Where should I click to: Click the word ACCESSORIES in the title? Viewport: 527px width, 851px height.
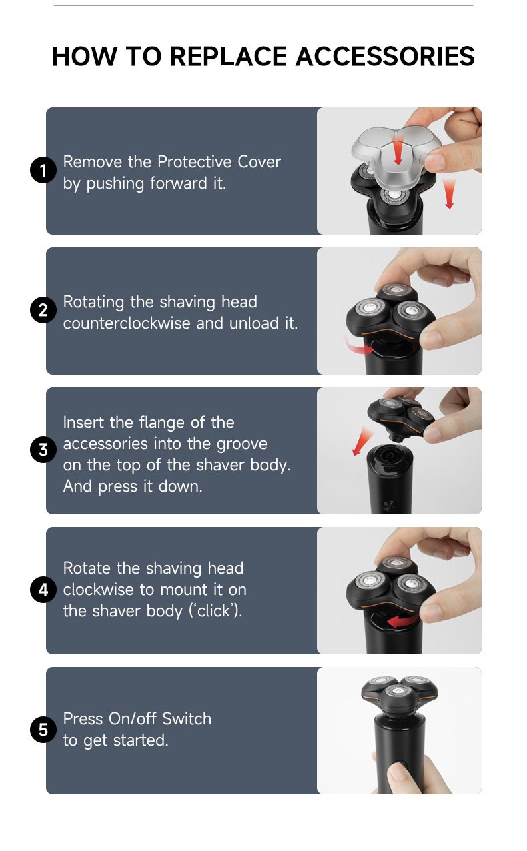click(x=385, y=57)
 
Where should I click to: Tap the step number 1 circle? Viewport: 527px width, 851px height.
click(x=43, y=171)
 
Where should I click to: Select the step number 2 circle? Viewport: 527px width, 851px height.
click(x=43, y=311)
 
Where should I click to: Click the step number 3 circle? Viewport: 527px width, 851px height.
click(x=43, y=451)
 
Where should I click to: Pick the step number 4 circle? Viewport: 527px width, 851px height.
click(x=43, y=590)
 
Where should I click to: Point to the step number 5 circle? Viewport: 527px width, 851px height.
click(x=43, y=730)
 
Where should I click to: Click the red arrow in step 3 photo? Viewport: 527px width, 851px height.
click(x=362, y=442)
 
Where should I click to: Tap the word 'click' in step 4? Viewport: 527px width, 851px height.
click(x=214, y=611)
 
